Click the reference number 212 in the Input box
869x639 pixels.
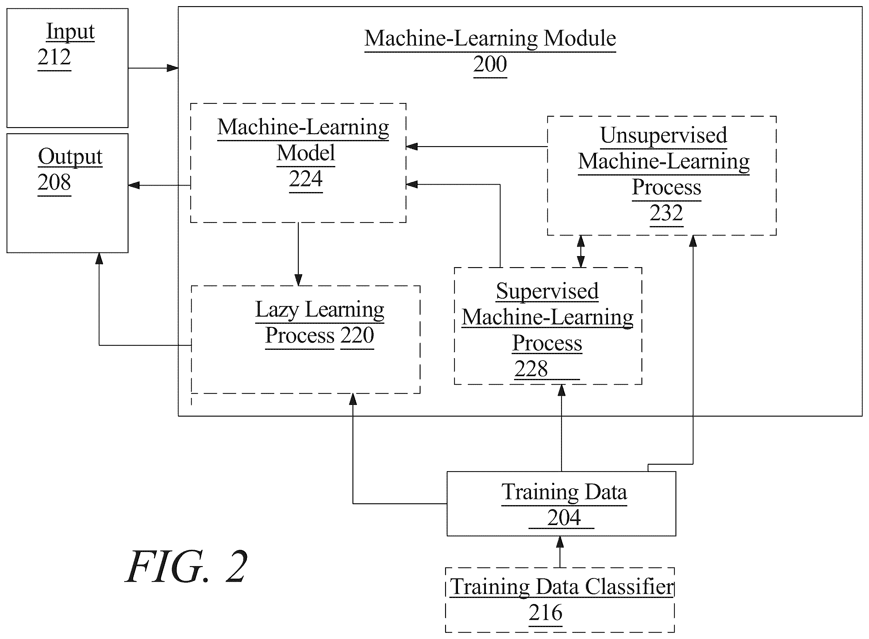pos(54,57)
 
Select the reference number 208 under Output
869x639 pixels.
pos(54,182)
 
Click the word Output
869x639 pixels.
pos(70,157)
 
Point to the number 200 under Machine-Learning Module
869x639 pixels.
pos(490,64)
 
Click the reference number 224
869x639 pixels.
pos(306,179)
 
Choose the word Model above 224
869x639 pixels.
pos(306,153)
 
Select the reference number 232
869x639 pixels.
pos(666,213)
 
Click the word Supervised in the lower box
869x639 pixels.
pos(547,292)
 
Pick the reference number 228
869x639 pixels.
pos(531,369)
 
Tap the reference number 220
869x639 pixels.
pos(357,335)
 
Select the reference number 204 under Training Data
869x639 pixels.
pos(564,518)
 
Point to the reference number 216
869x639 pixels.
pos(545,613)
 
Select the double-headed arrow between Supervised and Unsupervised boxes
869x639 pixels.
pos(580,251)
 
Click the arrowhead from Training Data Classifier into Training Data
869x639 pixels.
pos(560,542)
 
